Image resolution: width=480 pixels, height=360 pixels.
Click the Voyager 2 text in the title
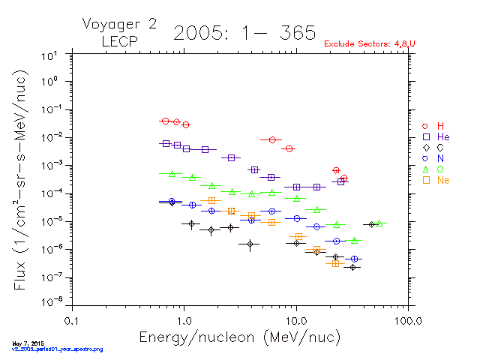(x=119, y=24)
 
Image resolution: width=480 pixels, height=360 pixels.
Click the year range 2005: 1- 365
(x=244, y=32)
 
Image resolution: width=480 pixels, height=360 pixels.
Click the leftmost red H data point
(x=166, y=121)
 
